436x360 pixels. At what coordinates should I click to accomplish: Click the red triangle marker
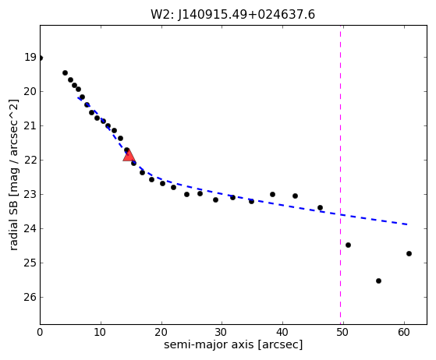pyautogui.click(x=129, y=156)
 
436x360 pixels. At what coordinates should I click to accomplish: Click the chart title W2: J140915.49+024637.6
pyautogui.click(x=232, y=15)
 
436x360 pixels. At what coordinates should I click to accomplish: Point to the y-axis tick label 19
pyautogui.click(x=30, y=57)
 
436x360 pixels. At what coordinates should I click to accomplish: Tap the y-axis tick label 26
pyautogui.click(x=30, y=297)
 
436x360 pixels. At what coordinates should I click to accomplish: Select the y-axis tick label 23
pyautogui.click(x=30, y=195)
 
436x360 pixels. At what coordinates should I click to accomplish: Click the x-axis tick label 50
pyautogui.click(x=343, y=332)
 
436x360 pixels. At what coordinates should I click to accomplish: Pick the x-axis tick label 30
pyautogui.click(x=222, y=332)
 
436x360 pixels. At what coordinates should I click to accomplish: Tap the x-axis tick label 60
pyautogui.click(x=404, y=332)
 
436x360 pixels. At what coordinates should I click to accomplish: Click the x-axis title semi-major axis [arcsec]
pyautogui.click(x=233, y=344)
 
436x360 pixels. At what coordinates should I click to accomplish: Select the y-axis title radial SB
pyautogui.click(x=13, y=224)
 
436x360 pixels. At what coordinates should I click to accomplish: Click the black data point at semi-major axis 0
pyautogui.click(x=40, y=58)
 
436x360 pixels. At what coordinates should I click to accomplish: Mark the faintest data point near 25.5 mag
pyautogui.click(x=378, y=281)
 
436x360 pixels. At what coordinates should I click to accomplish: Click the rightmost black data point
pyautogui.click(x=409, y=253)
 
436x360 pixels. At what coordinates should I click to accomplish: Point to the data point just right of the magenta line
pyautogui.click(x=348, y=245)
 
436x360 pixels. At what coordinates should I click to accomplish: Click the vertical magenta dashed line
pyautogui.click(x=340, y=175)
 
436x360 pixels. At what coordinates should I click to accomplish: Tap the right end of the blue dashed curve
pyautogui.click(x=407, y=224)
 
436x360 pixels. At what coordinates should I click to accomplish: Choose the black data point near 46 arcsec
pyautogui.click(x=320, y=207)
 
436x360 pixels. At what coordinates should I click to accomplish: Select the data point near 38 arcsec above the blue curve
pyautogui.click(x=272, y=195)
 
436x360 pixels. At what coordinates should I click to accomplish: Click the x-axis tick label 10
pyautogui.click(x=101, y=332)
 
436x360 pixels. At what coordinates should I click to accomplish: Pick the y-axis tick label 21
pyautogui.click(x=30, y=125)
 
